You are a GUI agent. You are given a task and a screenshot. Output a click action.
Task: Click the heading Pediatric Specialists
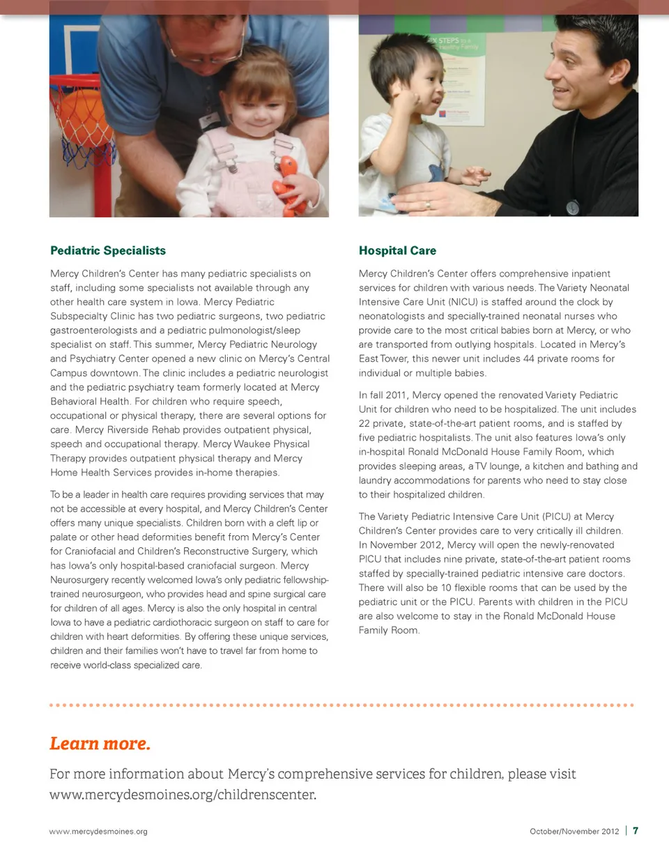[108, 250]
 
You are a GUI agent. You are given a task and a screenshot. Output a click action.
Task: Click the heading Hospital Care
[397, 250]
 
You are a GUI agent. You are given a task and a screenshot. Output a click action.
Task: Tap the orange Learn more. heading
[100, 744]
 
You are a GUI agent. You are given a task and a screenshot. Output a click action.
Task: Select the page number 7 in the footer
[636, 831]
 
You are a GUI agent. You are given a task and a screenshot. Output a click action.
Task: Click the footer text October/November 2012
[574, 832]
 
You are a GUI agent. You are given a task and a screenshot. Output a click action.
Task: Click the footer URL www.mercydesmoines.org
[98, 832]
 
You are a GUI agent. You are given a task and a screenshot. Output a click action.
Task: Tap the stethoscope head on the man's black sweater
[573, 208]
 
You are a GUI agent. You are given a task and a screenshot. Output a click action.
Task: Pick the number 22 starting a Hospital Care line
[365, 423]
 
